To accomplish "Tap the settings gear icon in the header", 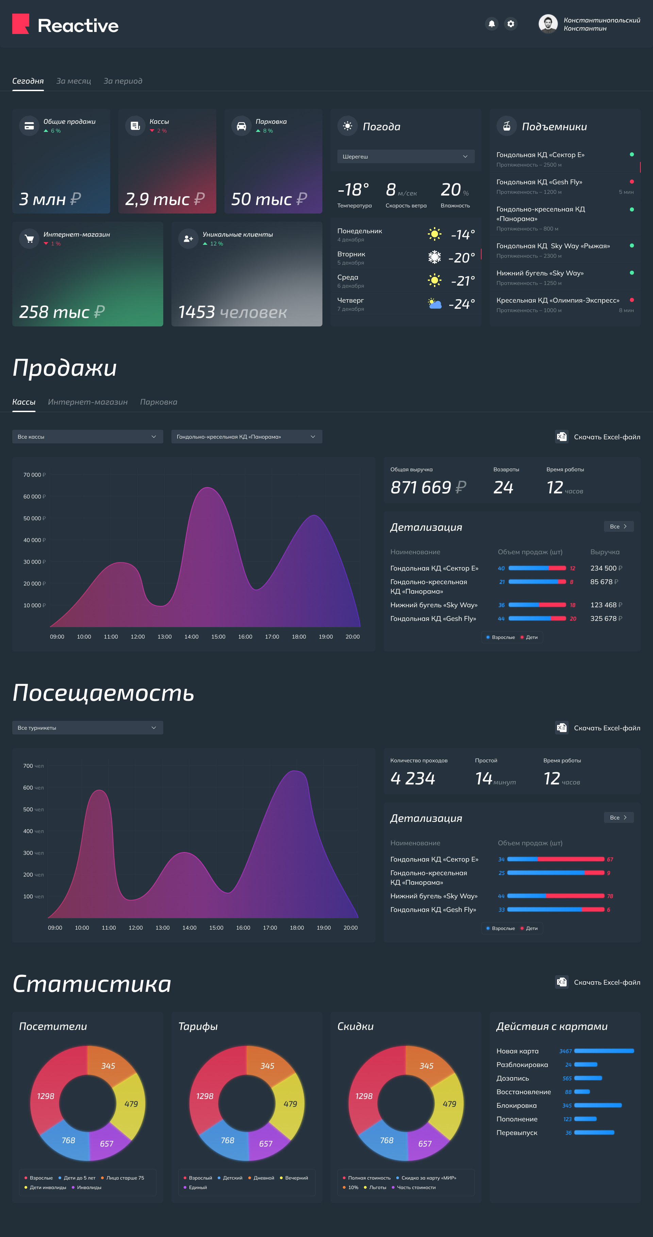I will (x=511, y=23).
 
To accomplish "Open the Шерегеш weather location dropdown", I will (x=406, y=156).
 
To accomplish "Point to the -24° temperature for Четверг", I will (x=462, y=304).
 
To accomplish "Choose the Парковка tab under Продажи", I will (x=158, y=402).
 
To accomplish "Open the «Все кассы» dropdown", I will (x=87, y=437).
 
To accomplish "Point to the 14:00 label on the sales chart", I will (x=191, y=637).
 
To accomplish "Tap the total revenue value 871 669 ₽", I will (x=428, y=487).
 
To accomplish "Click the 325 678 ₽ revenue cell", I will (x=606, y=618).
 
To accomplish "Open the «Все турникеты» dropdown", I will (x=87, y=728).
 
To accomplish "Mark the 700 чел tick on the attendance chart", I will (x=33, y=766).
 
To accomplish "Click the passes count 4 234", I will (x=413, y=778).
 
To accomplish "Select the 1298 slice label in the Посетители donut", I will (x=46, y=1096).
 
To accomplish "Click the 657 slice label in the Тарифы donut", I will (x=266, y=1144).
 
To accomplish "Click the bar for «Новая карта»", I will (x=604, y=1051).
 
